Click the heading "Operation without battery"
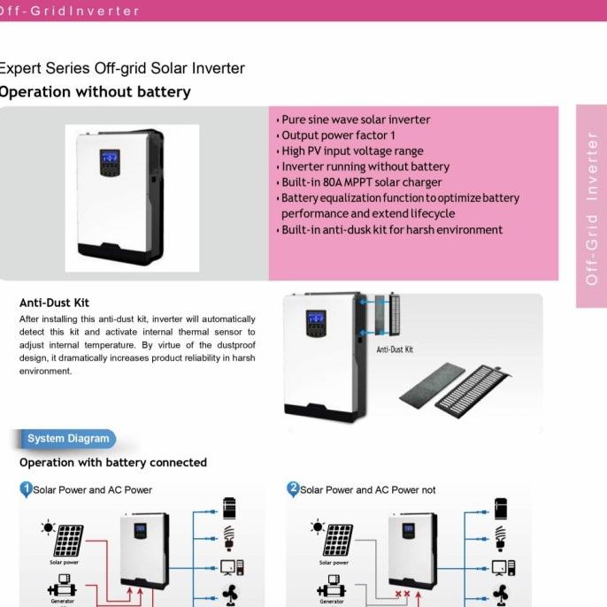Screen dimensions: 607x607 (x=95, y=92)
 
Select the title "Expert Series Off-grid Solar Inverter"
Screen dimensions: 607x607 (x=121, y=68)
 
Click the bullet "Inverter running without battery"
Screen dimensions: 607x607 (x=365, y=166)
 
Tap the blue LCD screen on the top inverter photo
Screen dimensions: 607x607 (x=111, y=158)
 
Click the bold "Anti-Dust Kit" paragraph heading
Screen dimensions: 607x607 (x=54, y=303)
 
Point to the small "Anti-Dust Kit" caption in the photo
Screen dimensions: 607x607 (x=395, y=350)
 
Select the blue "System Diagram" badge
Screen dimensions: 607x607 (x=68, y=439)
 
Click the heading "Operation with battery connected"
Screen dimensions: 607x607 (x=113, y=463)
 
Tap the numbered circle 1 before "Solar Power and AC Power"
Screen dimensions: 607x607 (x=27, y=488)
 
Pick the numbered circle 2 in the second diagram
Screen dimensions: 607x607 (x=294, y=488)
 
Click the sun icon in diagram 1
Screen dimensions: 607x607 (x=48, y=527)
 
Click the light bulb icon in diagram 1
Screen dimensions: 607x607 (x=230, y=537)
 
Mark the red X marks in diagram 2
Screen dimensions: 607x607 (x=402, y=595)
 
